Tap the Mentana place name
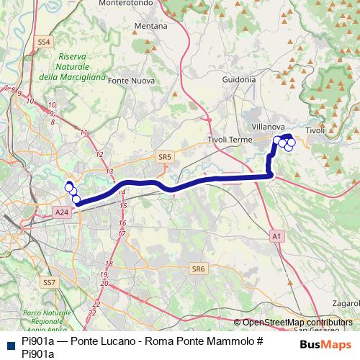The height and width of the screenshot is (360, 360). click(x=151, y=26)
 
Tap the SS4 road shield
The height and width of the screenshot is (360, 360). click(x=44, y=42)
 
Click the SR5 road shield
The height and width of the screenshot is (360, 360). click(x=165, y=156)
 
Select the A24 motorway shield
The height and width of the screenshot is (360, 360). click(x=62, y=212)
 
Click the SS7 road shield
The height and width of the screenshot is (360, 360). click(x=49, y=283)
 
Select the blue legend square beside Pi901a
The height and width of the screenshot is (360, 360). click(x=8, y=344)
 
